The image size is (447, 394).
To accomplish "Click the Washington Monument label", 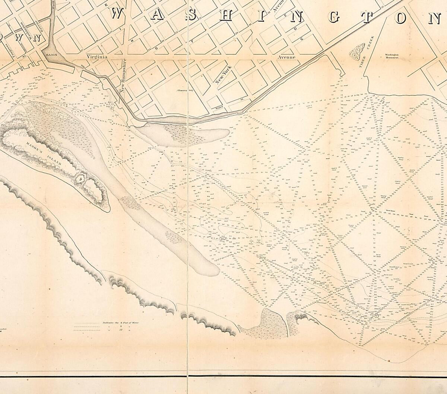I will pyautogui.click(x=390, y=56).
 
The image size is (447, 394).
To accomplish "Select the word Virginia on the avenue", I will pyautogui.click(x=97, y=57).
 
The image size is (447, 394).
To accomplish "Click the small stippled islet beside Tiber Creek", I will pyautogui.click(x=357, y=51).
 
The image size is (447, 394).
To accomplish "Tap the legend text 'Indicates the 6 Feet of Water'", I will pyautogui.click(x=120, y=323).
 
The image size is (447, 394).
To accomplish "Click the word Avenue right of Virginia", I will pyautogui.click(x=286, y=57).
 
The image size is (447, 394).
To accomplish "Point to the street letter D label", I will pyautogui.click(x=295, y=28).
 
